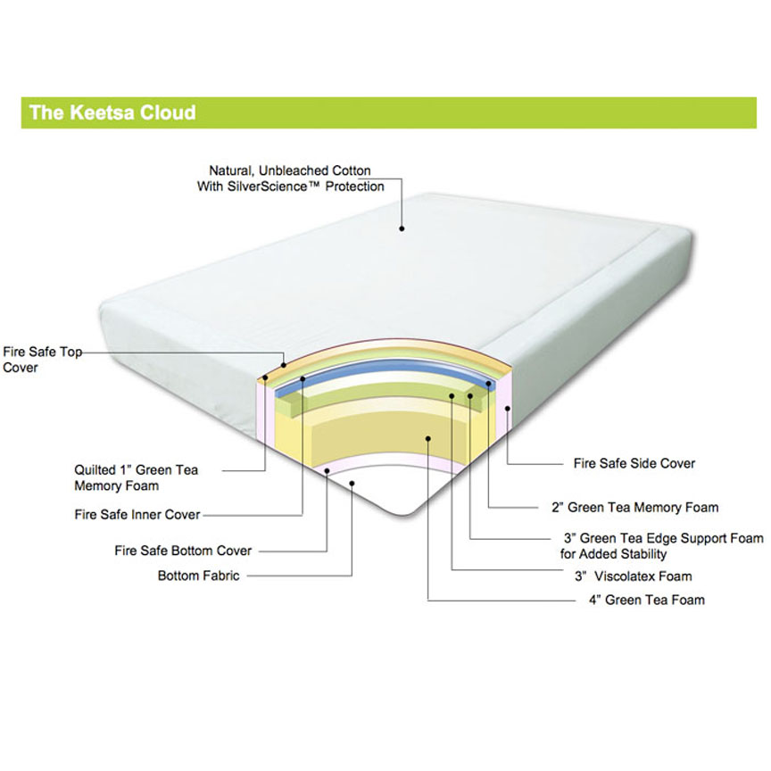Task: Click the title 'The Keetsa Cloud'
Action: tap(112, 112)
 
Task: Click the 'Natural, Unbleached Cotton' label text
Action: tap(290, 170)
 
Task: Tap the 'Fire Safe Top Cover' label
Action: tap(42, 360)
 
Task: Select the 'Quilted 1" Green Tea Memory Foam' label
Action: tap(137, 478)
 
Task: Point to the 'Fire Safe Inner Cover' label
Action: tap(137, 514)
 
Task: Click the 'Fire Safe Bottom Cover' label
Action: tap(183, 551)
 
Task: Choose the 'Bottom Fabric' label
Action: tap(199, 576)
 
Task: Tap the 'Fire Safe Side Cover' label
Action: tap(634, 463)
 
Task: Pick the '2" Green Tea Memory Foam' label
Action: tap(634, 507)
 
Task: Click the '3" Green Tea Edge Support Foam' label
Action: tap(662, 546)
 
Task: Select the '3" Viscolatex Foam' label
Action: tap(634, 576)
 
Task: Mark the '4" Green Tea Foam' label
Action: tap(647, 600)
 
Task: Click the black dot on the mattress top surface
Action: tap(402, 228)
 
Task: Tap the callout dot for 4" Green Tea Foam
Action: tap(428, 439)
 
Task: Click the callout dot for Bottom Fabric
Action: tap(352, 484)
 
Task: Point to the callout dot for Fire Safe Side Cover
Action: tap(508, 409)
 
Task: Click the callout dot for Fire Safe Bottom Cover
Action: tap(327, 471)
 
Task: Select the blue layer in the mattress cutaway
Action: tap(384, 369)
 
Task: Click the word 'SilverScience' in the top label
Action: tap(268, 187)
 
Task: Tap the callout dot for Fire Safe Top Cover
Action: tap(284, 365)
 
